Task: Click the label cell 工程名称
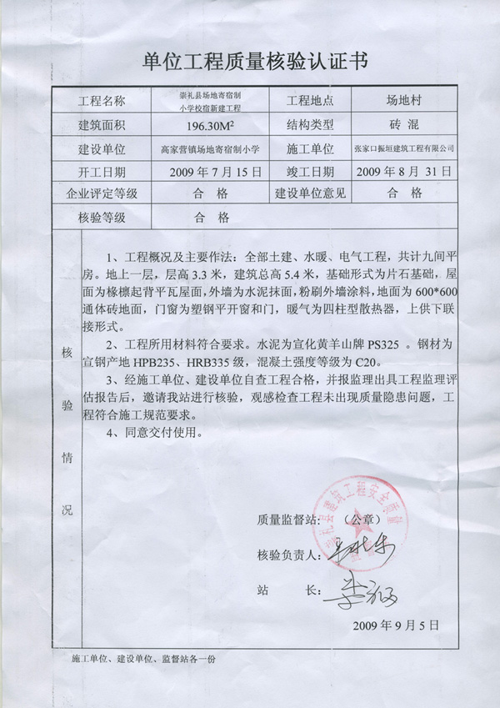coord(101,102)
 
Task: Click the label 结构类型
coord(310,125)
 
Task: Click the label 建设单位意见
coord(310,193)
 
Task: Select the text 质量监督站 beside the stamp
coord(287,520)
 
